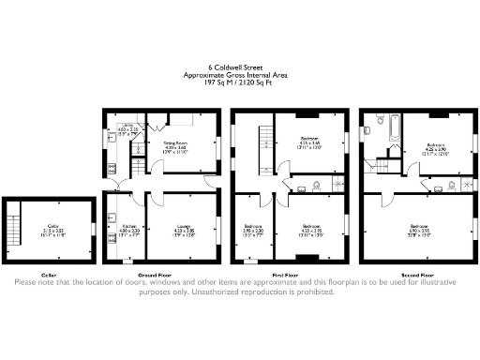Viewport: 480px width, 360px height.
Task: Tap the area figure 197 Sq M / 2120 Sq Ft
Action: pyautogui.click(x=240, y=82)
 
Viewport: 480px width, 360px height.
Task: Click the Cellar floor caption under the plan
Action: pyautogui.click(x=49, y=275)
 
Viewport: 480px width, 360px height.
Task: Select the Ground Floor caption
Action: pyautogui.click(x=142, y=275)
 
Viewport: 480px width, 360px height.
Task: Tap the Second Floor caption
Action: pyautogui.click(x=416, y=275)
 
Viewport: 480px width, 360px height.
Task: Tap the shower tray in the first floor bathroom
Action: pyautogui.click(x=337, y=184)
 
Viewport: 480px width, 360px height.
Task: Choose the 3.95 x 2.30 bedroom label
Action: pyautogui.click(x=253, y=228)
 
